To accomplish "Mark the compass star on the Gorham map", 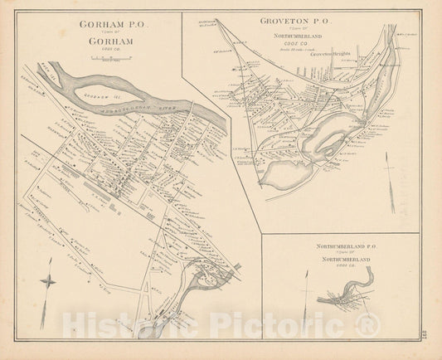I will click(49, 280).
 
